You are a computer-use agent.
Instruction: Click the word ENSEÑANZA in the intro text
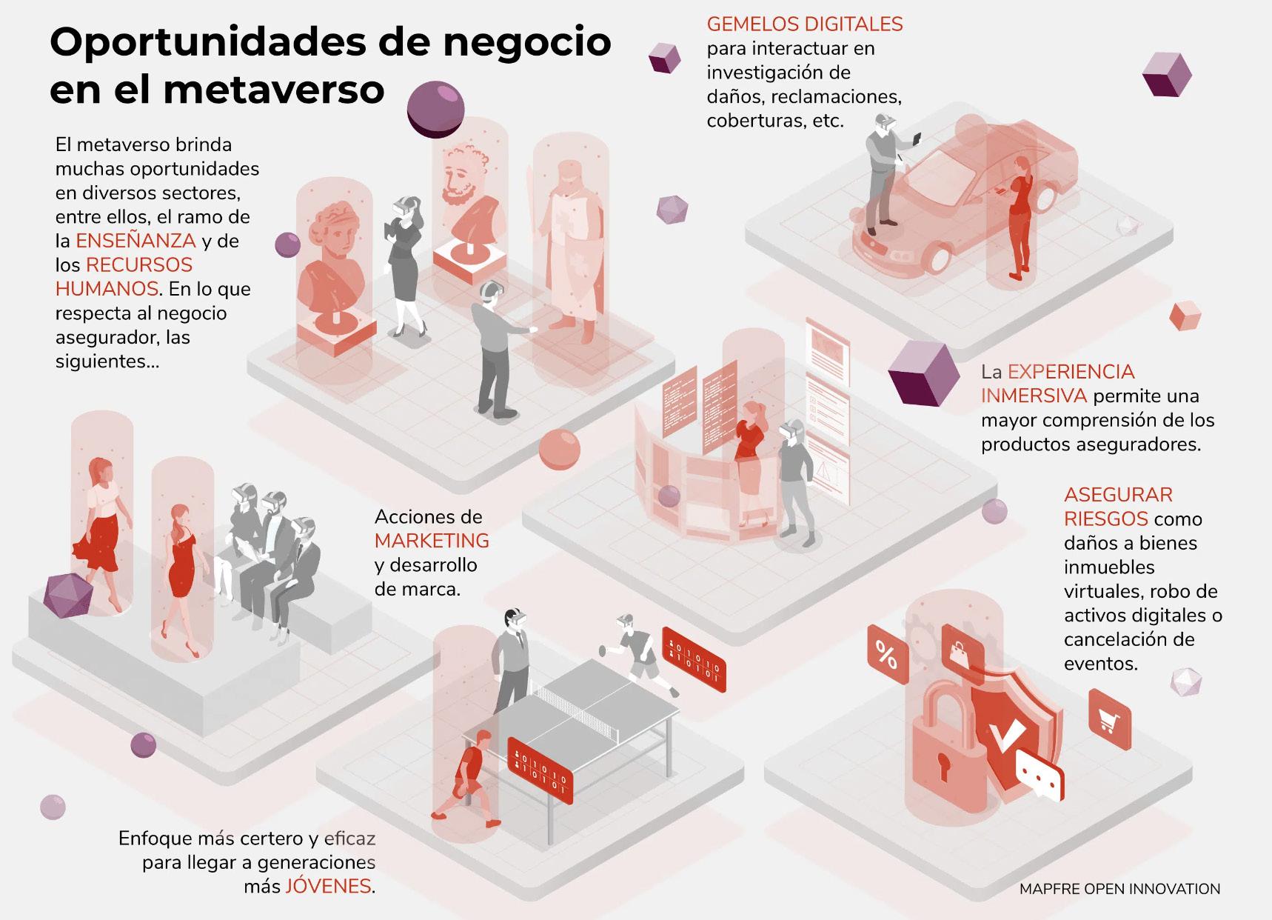coord(135,241)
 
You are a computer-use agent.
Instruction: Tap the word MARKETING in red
coord(432,541)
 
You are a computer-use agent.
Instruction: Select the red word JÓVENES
coord(328,886)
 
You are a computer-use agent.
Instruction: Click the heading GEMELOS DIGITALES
coord(805,24)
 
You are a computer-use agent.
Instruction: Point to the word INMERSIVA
coord(1034,396)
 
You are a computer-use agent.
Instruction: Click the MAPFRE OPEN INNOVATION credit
coord(1119,889)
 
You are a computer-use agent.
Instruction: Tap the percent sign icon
coord(886,655)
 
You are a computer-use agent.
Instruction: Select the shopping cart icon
coord(1108,719)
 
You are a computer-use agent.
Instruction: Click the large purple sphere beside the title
coord(436,109)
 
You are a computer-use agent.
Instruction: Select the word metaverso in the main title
coord(274,90)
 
